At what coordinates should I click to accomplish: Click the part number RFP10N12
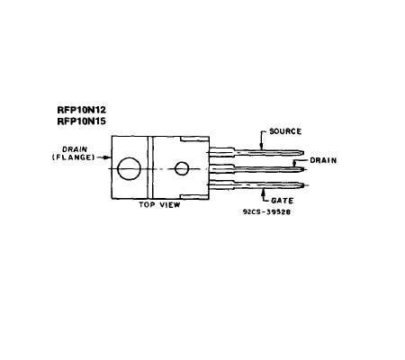[81, 110]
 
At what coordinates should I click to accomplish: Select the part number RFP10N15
[81, 121]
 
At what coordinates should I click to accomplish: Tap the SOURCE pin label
[285, 131]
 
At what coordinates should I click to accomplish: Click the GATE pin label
[282, 201]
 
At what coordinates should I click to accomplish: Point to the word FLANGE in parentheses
[74, 157]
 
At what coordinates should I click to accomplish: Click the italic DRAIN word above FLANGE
[75, 149]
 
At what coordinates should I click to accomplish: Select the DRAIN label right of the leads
[323, 160]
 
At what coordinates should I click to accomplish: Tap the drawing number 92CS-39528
[266, 212]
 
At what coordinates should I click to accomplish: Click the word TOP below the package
[146, 205]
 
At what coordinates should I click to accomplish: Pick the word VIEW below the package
[170, 205]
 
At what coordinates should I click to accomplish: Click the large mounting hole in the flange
[129, 169]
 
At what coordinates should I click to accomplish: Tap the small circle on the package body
[182, 168]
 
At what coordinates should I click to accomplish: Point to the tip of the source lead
[303, 153]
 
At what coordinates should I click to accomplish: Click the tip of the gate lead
[304, 185]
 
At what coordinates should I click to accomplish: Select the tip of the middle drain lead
[304, 169]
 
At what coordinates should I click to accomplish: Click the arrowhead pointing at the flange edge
[109, 157]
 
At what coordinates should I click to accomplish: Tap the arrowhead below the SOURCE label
[261, 147]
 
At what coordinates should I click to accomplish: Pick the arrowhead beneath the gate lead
[264, 192]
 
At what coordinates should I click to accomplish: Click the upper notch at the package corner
[194, 139]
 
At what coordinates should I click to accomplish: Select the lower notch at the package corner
[194, 196]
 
